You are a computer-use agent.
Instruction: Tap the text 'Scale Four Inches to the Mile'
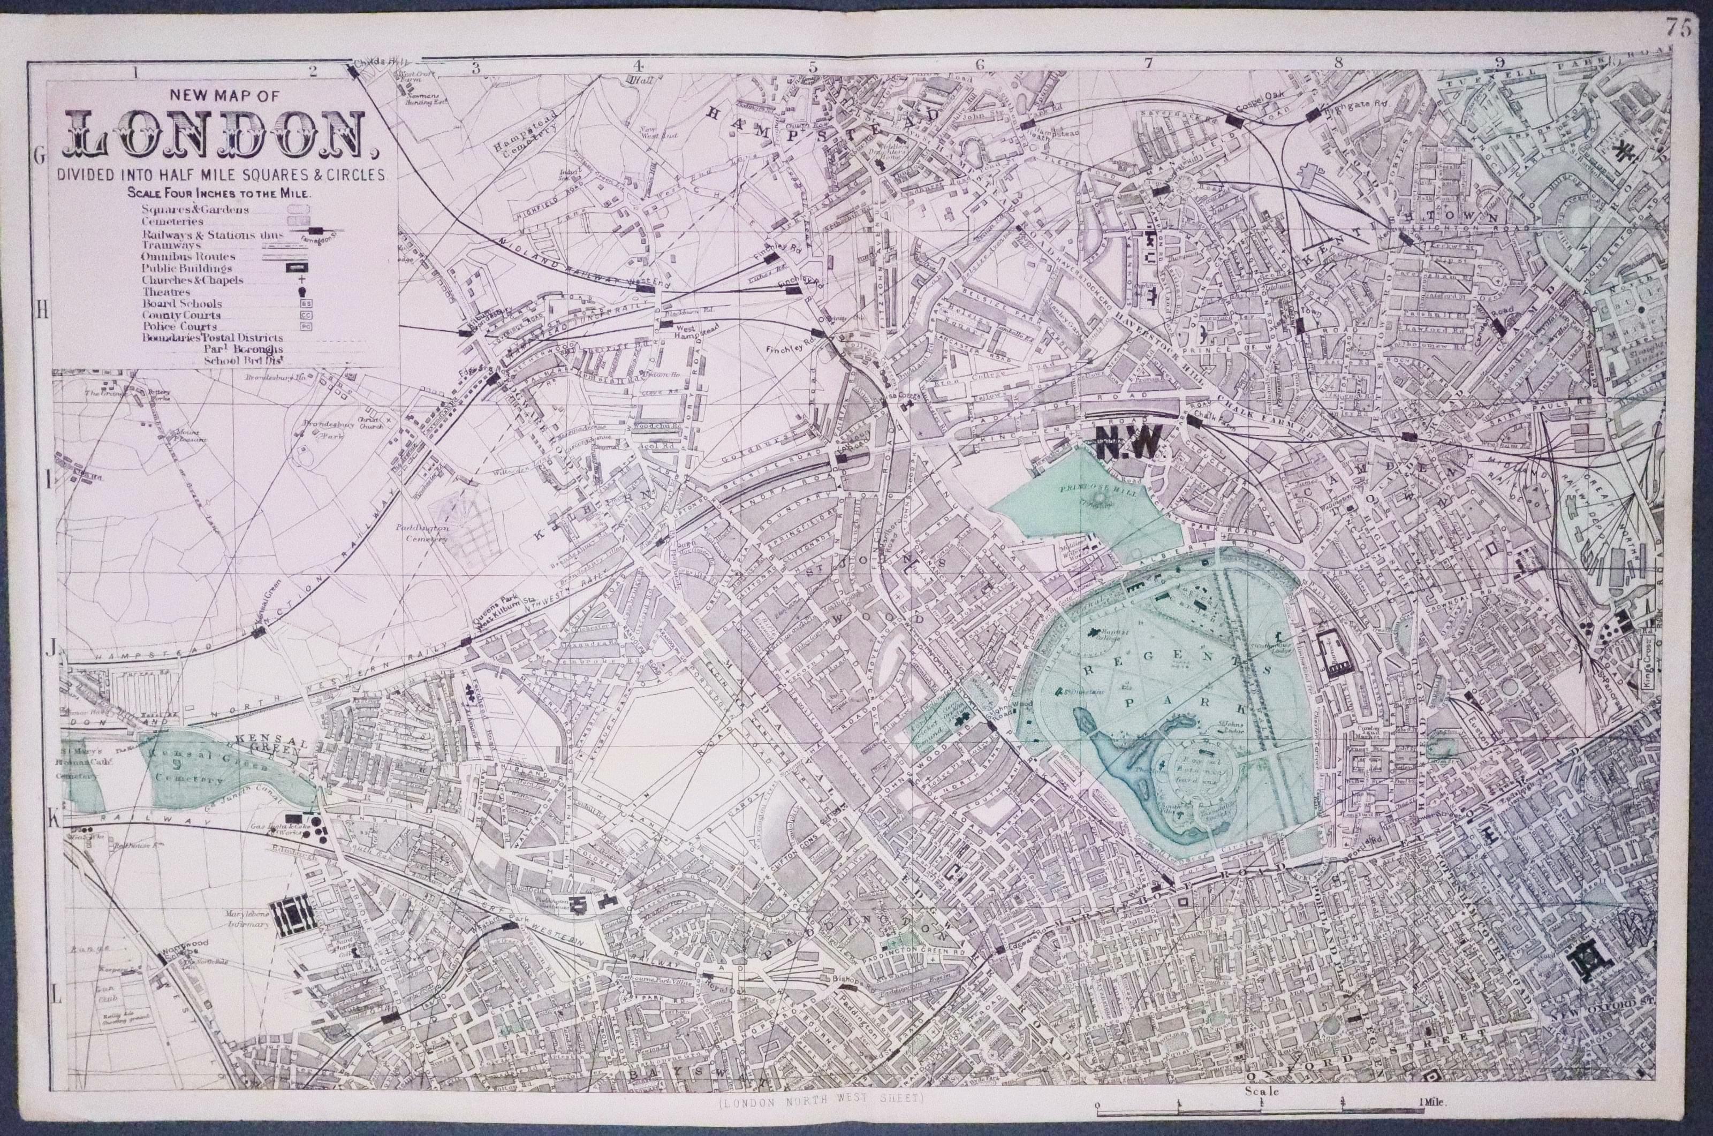click(x=219, y=194)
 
